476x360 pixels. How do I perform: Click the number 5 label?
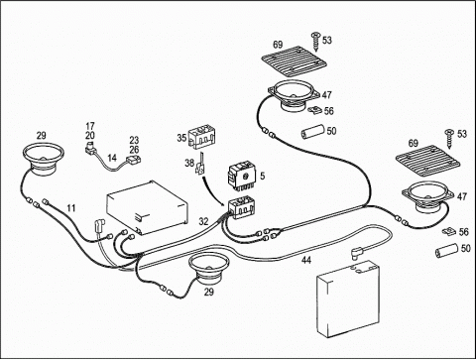262,176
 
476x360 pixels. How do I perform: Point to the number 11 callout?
71,208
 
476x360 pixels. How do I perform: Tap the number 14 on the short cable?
112,158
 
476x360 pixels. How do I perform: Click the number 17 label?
90,126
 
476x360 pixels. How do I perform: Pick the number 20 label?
90,135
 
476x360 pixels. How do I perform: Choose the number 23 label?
134,141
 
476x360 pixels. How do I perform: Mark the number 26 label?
134,150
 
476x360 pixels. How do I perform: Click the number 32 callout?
203,221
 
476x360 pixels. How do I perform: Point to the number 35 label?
181,138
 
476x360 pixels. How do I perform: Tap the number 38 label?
189,163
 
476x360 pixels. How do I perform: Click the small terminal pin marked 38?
200,165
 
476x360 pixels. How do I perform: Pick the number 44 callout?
306,260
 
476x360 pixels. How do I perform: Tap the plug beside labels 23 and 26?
133,159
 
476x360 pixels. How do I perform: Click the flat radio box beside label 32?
148,207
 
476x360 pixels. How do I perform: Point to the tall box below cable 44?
348,298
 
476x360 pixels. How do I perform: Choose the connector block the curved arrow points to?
242,207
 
